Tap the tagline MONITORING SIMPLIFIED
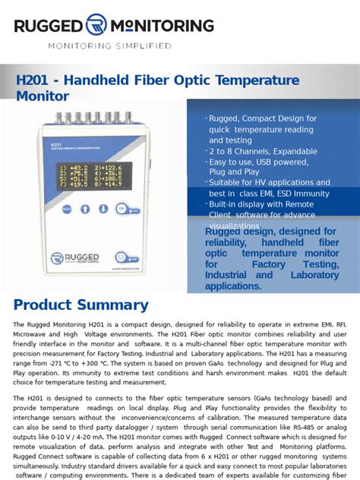[x=110, y=46]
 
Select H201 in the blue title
[x=35, y=81]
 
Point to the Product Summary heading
[x=81, y=305]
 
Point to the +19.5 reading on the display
[x=78, y=184]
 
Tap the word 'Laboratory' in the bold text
[x=314, y=275]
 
